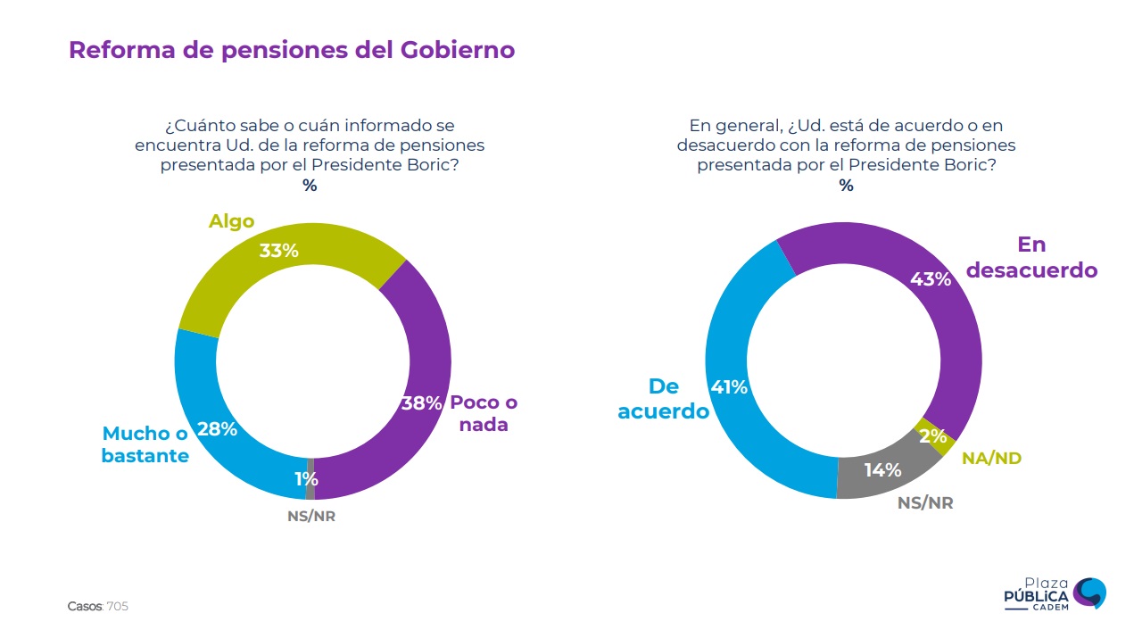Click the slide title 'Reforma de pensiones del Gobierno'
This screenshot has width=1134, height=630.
[x=292, y=50]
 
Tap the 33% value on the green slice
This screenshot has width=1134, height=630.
[x=278, y=251]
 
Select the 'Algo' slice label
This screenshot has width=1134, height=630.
[x=231, y=221]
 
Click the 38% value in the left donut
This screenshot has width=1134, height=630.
[x=421, y=403]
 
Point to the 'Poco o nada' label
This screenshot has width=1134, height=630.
[x=484, y=413]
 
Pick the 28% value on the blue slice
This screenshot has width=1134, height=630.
[x=216, y=429]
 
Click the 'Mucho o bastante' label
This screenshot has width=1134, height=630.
[x=145, y=444]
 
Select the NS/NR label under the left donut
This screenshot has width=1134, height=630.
[x=311, y=517]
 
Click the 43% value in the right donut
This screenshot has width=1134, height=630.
[x=930, y=279]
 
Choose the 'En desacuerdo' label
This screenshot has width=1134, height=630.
[x=1031, y=257]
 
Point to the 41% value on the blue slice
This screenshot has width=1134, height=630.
[x=728, y=387]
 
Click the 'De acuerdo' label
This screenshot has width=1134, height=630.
[x=663, y=399]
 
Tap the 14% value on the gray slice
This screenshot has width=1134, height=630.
[x=882, y=469]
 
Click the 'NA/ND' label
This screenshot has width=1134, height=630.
[x=991, y=459]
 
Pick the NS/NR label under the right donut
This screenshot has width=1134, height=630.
[x=924, y=503]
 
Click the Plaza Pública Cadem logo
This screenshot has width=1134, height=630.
[x=1055, y=593]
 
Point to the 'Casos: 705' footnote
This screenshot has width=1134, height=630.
[x=98, y=607]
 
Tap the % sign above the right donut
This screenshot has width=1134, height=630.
[x=846, y=186]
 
